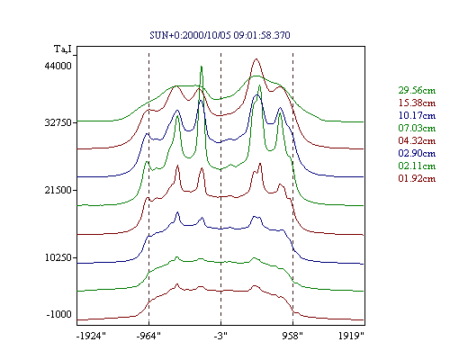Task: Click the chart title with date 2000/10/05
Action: click(220, 35)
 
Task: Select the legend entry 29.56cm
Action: click(417, 90)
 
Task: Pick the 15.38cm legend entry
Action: click(417, 103)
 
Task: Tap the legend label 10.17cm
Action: click(417, 115)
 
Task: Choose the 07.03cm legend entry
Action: click(417, 128)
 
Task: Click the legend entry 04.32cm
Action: click(417, 140)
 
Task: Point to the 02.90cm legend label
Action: click(417, 153)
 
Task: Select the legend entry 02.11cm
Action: click(417, 166)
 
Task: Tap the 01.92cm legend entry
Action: click(417, 178)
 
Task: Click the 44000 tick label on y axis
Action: click(58, 66)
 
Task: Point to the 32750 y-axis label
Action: click(58, 122)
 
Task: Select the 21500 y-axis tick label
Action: click(58, 190)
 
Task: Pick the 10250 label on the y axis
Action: click(58, 257)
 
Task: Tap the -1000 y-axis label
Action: click(59, 314)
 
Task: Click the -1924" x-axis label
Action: click(91, 336)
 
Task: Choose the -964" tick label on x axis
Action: click(148, 336)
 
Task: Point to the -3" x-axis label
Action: click(220, 336)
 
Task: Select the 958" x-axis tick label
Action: click(292, 336)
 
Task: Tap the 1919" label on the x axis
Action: click(351, 336)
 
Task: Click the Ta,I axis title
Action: click(63, 49)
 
